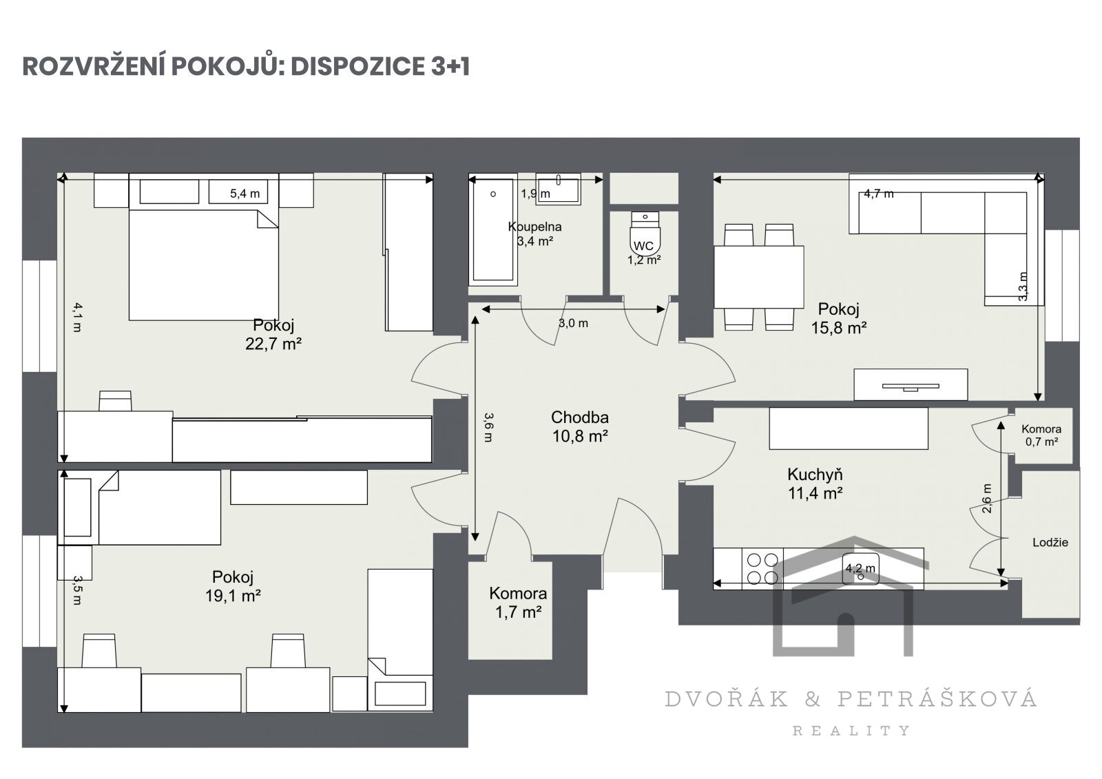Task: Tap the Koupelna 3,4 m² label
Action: pyautogui.click(x=534, y=233)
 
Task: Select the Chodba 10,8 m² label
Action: pyautogui.click(x=580, y=426)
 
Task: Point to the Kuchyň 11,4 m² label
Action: pyautogui.click(x=815, y=484)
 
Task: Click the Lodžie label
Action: pyautogui.click(x=1050, y=542)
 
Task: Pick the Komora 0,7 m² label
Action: pyautogui.click(x=1041, y=435)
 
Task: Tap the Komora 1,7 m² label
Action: pyautogui.click(x=518, y=603)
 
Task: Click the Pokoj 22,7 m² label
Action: pyautogui.click(x=273, y=334)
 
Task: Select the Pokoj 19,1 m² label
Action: pyautogui.click(x=233, y=586)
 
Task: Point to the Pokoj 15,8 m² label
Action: pyautogui.click(x=839, y=318)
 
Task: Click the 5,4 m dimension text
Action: pyautogui.click(x=245, y=194)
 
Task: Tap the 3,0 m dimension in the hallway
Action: pyautogui.click(x=573, y=323)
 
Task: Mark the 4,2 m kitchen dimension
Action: pyautogui.click(x=860, y=568)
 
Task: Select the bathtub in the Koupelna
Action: pyautogui.click(x=493, y=230)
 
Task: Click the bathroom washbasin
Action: pyautogui.click(x=559, y=189)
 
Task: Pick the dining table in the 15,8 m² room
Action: pyautogui.click(x=759, y=277)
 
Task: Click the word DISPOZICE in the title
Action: pyautogui.click(x=359, y=66)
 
